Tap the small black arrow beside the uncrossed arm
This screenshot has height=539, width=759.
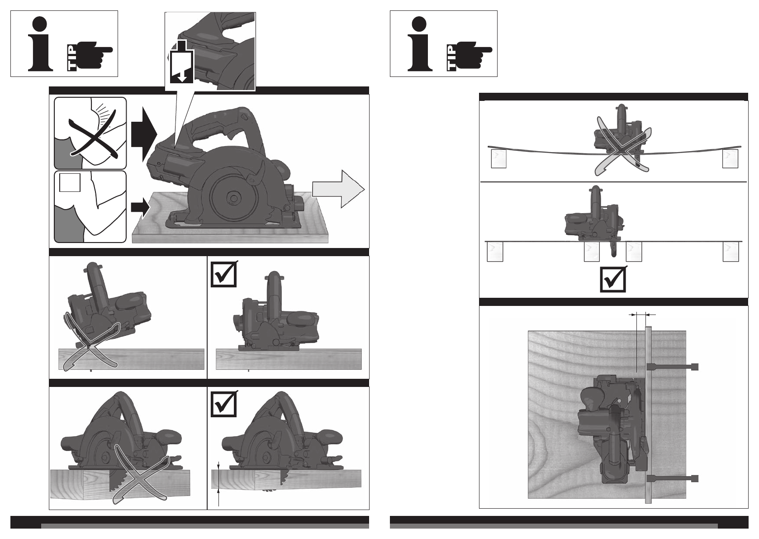pos(140,207)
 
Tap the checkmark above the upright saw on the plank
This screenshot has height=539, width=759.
pos(223,274)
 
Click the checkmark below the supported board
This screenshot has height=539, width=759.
pos(613,279)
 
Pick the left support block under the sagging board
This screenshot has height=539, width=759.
pos(498,159)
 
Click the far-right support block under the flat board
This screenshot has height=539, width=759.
pos(731,252)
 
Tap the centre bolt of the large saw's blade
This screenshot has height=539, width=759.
pos(233,197)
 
